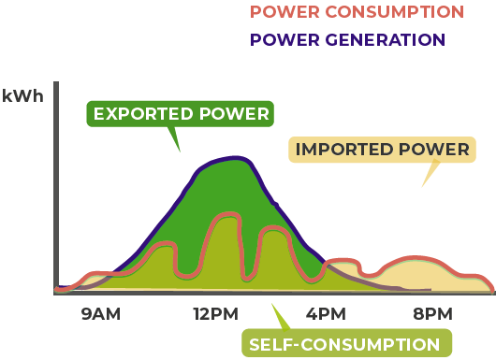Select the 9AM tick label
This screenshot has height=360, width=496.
(101, 314)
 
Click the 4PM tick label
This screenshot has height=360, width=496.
(326, 314)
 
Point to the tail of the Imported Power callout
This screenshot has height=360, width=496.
(430, 175)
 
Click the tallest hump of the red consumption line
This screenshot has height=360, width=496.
(225, 216)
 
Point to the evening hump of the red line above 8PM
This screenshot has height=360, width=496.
(418, 256)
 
